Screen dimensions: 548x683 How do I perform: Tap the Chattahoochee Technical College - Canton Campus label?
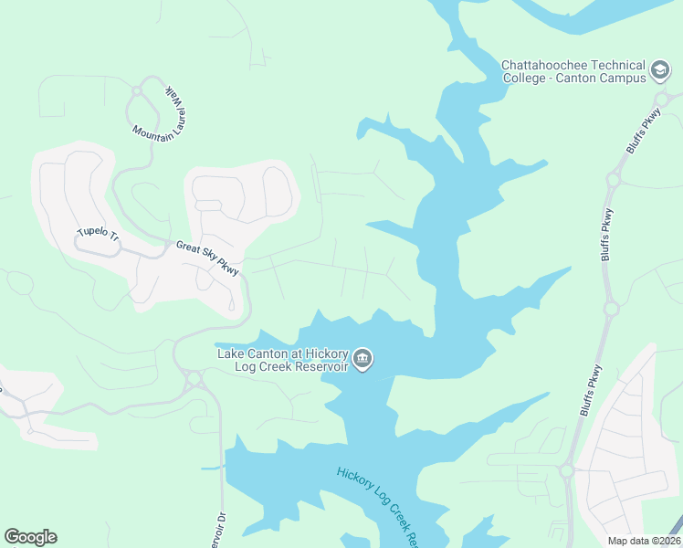point(573,70)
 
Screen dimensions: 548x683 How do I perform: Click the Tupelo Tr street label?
point(98,233)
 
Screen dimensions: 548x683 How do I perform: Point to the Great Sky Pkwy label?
point(207,258)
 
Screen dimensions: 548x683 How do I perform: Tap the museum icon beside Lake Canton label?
point(363,359)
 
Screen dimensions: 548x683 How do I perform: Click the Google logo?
point(30,537)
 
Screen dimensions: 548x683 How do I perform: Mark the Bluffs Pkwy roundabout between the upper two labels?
point(613,180)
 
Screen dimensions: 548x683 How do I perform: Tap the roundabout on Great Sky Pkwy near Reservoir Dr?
point(193,377)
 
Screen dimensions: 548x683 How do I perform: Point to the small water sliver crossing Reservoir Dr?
point(212,468)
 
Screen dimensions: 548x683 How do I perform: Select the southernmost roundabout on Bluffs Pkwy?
point(566,471)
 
